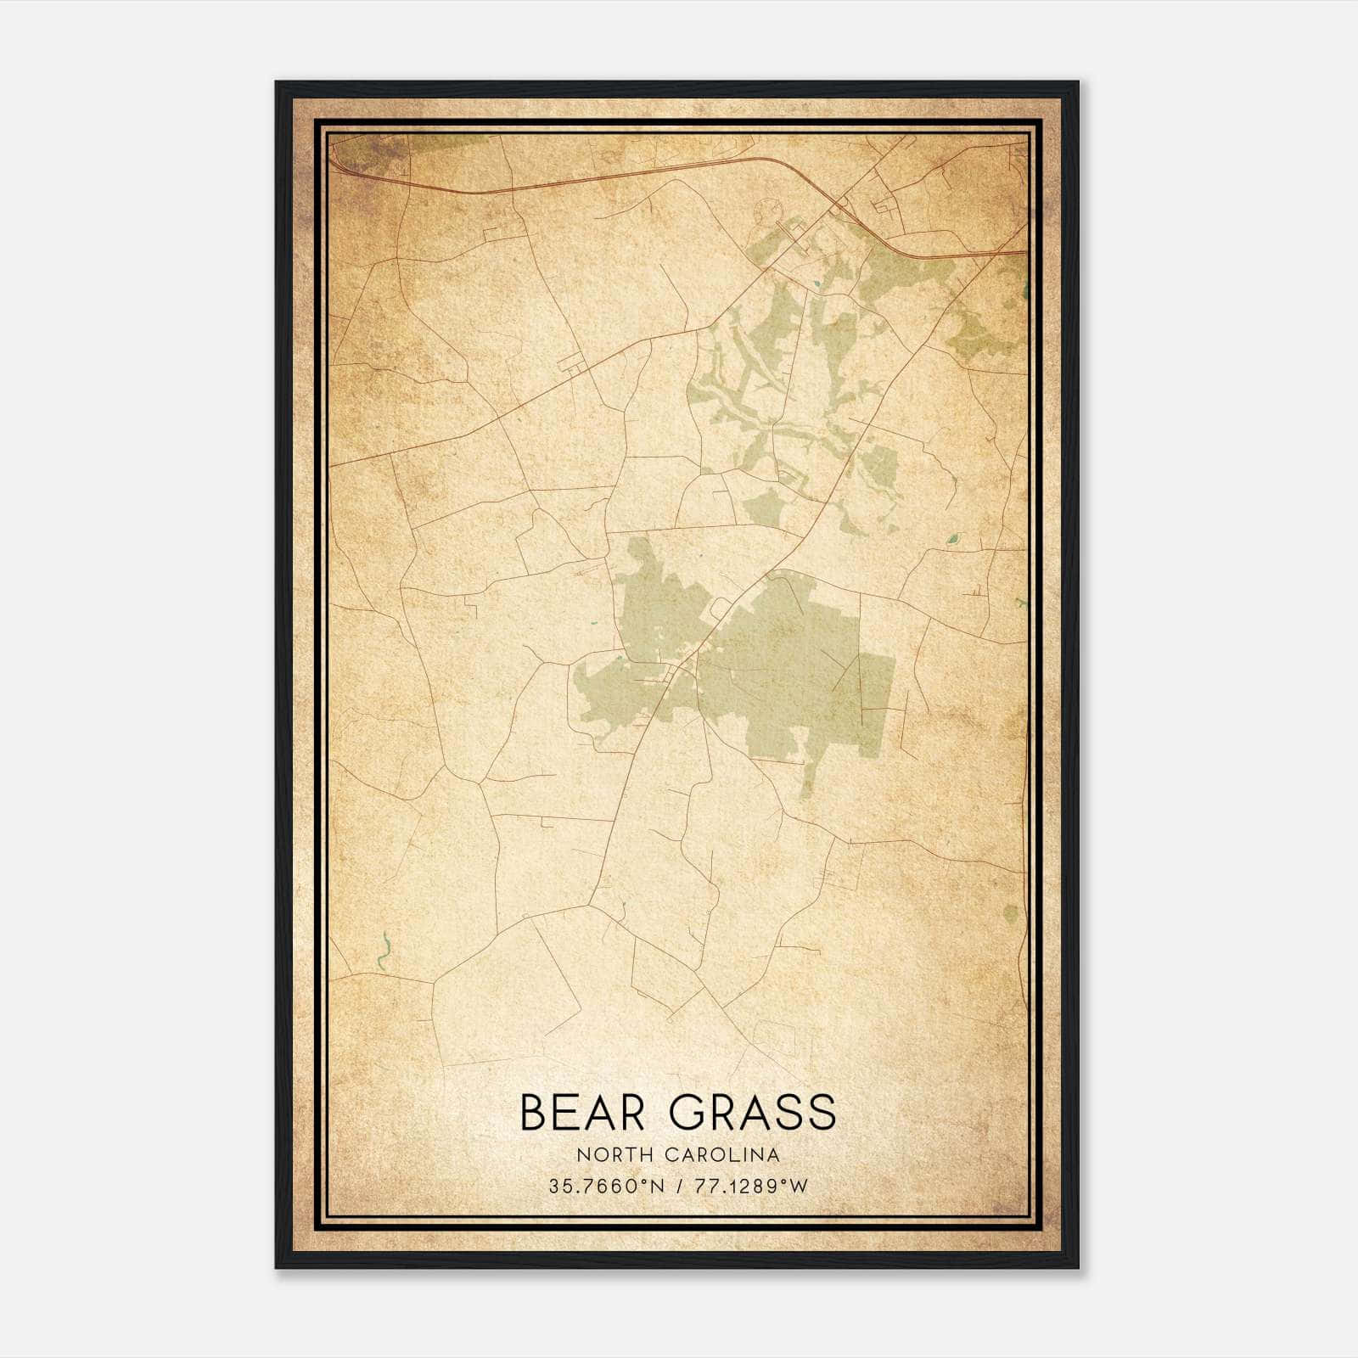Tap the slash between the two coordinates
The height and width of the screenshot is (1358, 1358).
679,1187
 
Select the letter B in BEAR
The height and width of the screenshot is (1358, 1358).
534,1113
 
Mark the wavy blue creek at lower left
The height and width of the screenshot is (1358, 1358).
384,951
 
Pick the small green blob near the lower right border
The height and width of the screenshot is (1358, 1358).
1010,914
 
